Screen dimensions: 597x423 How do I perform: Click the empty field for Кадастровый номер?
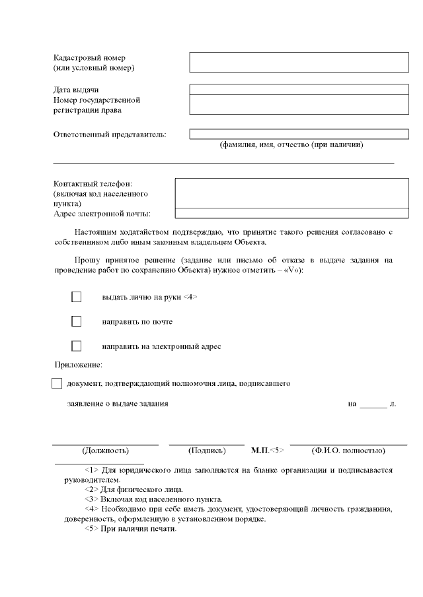point(299,62)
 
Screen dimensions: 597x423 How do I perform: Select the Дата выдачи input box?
point(299,89)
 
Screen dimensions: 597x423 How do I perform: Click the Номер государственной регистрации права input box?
point(299,104)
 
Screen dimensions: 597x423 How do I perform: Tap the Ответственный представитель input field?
point(299,134)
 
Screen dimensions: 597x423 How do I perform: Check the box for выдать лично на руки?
point(76,297)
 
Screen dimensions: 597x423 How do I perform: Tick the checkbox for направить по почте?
point(76,321)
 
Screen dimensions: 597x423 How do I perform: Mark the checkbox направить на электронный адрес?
point(76,346)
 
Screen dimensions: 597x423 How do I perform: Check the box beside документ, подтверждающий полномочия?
point(56,383)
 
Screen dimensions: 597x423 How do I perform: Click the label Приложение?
point(78,364)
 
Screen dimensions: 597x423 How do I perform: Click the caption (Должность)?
point(105,451)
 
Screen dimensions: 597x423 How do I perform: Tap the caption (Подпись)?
point(207,451)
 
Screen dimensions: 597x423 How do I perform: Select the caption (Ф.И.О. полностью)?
point(348,451)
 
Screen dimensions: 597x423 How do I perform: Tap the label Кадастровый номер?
point(89,57)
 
